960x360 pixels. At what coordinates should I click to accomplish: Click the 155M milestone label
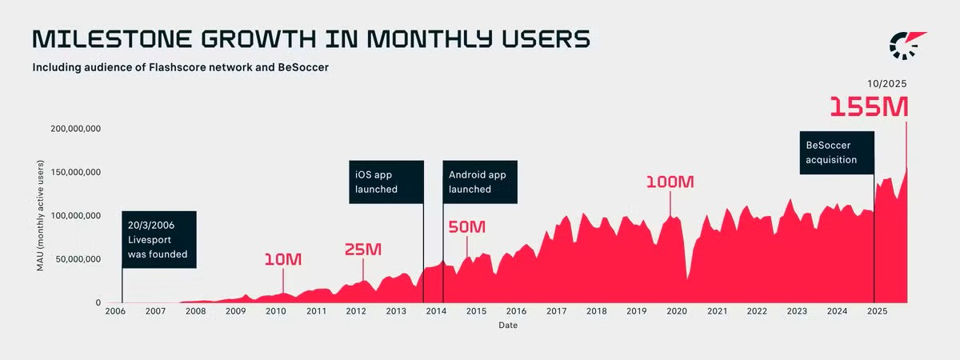tap(869, 107)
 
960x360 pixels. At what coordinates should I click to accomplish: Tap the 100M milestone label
tap(670, 182)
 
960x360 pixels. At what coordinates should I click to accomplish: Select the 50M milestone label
tap(466, 227)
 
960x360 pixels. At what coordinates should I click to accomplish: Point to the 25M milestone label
tap(363, 250)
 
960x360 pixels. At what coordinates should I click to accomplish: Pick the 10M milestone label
tap(282, 259)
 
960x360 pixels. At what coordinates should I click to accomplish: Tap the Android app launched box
tap(480, 182)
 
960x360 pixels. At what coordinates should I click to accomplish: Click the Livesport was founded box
tap(158, 239)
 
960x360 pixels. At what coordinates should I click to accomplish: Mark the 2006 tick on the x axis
tap(115, 310)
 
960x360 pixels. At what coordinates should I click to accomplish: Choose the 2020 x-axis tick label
tap(676, 310)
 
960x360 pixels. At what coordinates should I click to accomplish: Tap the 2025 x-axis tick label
tap(876, 310)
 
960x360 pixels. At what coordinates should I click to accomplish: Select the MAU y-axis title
tap(40, 215)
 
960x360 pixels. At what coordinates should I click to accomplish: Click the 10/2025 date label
tap(886, 83)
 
